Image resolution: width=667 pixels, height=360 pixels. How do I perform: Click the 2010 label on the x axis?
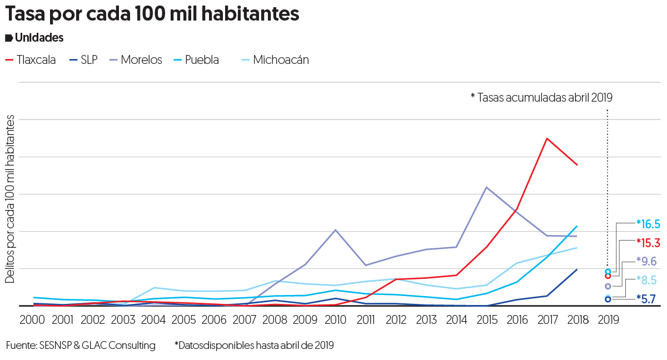pyautogui.click(x=335, y=320)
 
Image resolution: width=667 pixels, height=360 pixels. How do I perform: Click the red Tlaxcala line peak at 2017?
pyautogui.click(x=547, y=138)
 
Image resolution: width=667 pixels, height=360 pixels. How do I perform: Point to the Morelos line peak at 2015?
pyautogui.click(x=487, y=187)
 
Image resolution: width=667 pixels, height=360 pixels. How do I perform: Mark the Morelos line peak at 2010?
pyautogui.click(x=335, y=230)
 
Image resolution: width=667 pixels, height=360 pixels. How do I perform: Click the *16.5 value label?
pyautogui.click(x=648, y=224)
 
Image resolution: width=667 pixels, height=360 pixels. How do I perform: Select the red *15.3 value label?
pyautogui.click(x=648, y=243)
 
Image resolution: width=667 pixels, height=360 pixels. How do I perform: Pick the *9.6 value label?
pyautogui.click(x=646, y=262)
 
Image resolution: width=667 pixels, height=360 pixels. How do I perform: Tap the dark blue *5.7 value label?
pyautogui.click(x=646, y=299)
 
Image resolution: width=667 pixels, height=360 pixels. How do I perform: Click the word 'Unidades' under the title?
pyautogui.click(x=39, y=38)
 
